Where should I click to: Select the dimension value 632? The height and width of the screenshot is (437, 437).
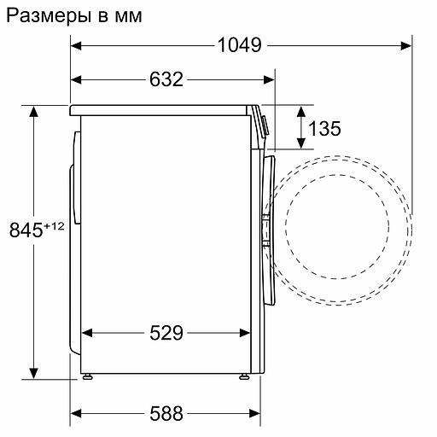(166, 79)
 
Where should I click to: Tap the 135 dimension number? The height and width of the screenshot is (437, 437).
(324, 128)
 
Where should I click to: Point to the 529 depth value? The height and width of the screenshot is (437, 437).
(166, 333)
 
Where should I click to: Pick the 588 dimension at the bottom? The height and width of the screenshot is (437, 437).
(166, 414)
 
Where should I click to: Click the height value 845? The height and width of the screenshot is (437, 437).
(25, 230)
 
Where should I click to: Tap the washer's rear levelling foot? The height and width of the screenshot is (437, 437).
(88, 376)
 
